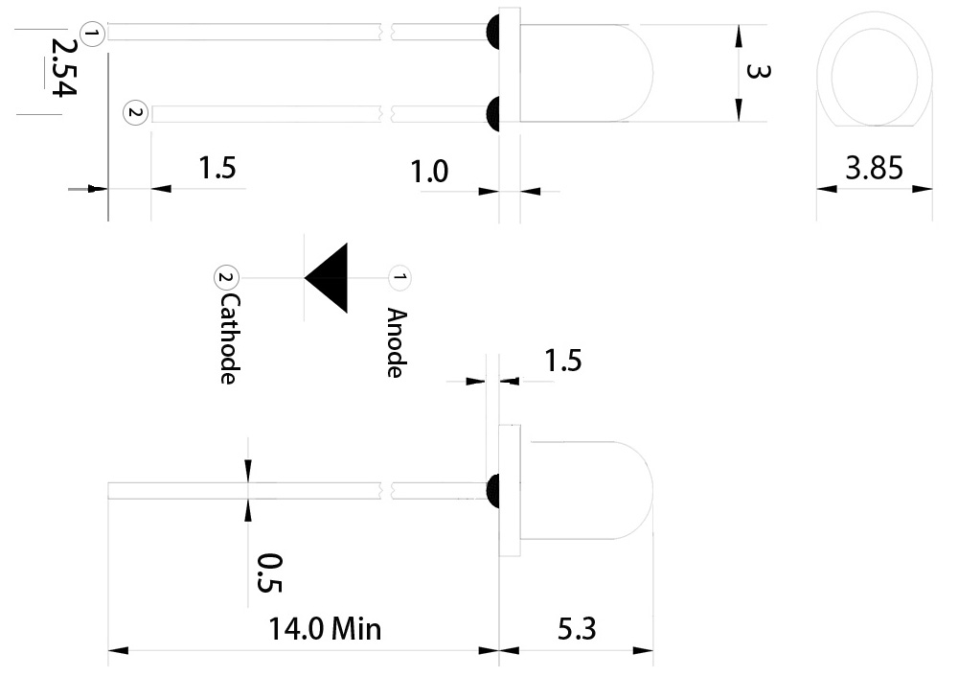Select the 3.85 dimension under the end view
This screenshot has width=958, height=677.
[x=874, y=170]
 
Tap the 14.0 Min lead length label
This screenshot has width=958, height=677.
[x=325, y=629]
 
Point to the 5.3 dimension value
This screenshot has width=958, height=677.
[x=576, y=629]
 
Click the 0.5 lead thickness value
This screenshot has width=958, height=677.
[x=270, y=572]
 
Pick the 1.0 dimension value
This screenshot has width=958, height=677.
[x=429, y=173]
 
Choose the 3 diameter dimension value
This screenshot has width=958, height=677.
[x=757, y=72]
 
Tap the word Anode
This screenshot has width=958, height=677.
[x=395, y=342]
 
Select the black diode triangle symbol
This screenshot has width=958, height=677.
[x=330, y=278]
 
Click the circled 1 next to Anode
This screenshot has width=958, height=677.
[x=399, y=278]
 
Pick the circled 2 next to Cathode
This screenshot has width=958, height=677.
[x=224, y=278]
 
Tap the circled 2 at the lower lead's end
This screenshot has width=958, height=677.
[x=135, y=113]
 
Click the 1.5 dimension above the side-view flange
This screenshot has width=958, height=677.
[x=562, y=362]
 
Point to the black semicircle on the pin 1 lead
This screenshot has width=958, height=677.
[x=492, y=31]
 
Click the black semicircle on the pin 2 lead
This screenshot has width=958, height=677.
[x=492, y=113]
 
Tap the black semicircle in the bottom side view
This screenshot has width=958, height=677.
[x=492, y=490]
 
